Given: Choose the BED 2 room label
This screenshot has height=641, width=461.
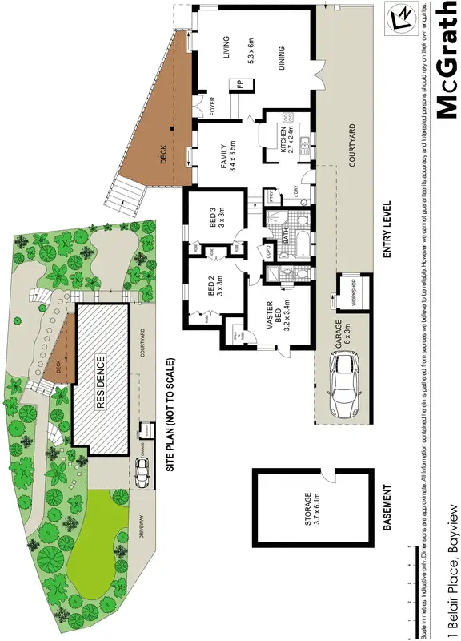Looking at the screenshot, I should pos(216,287).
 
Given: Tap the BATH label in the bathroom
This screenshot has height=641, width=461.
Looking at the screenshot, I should pos(286,233).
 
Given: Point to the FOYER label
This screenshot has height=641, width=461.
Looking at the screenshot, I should pos(212,107).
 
